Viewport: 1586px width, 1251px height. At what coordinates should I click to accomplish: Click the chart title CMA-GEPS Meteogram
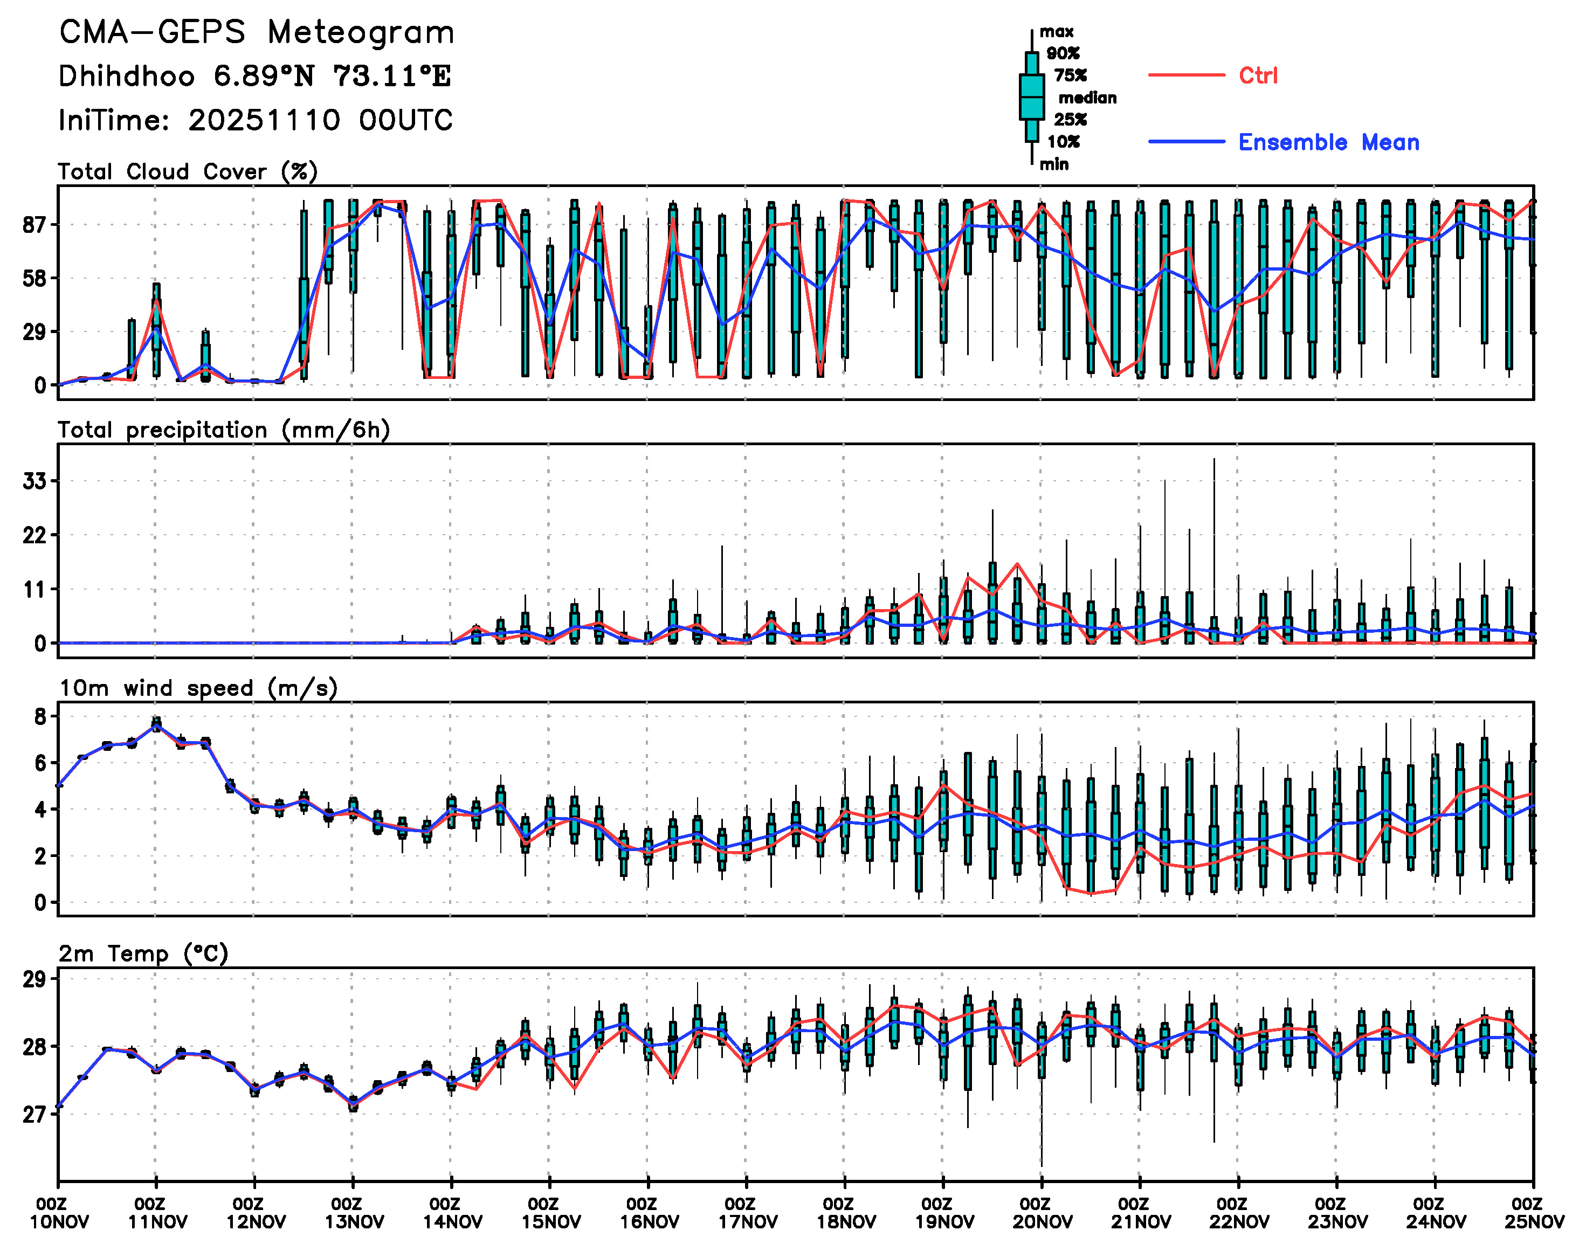click(x=257, y=33)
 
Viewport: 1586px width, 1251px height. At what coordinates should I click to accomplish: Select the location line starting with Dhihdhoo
click(x=254, y=76)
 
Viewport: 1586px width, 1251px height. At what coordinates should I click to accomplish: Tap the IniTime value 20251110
click(x=264, y=120)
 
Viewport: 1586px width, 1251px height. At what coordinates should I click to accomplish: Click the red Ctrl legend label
click(x=1258, y=75)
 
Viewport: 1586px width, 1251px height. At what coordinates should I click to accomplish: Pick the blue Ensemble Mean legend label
click(x=1328, y=142)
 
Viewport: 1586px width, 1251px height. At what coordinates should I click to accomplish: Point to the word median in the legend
click(x=1087, y=98)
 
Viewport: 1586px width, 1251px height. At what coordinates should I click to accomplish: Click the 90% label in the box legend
click(x=1062, y=53)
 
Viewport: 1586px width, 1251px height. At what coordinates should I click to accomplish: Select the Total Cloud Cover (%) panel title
click(x=188, y=172)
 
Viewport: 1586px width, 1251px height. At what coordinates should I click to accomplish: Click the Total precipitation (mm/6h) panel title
click(x=223, y=430)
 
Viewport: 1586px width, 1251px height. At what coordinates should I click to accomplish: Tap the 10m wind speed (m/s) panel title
click(x=198, y=688)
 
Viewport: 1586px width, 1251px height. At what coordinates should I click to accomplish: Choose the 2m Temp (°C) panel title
click(x=143, y=953)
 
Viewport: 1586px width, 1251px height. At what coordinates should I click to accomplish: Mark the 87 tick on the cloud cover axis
click(x=35, y=225)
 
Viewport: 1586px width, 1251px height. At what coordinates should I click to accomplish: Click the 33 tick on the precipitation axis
click(x=35, y=481)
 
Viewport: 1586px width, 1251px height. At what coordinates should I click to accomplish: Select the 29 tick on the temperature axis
click(x=35, y=979)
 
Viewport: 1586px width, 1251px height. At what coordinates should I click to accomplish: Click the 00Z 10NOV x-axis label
click(x=59, y=1213)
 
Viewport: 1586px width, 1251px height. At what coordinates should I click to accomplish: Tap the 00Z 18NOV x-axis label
click(x=845, y=1213)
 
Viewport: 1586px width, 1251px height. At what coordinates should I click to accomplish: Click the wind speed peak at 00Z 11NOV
click(x=156, y=724)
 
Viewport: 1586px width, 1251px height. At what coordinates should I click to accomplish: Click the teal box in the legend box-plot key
click(x=1031, y=96)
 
